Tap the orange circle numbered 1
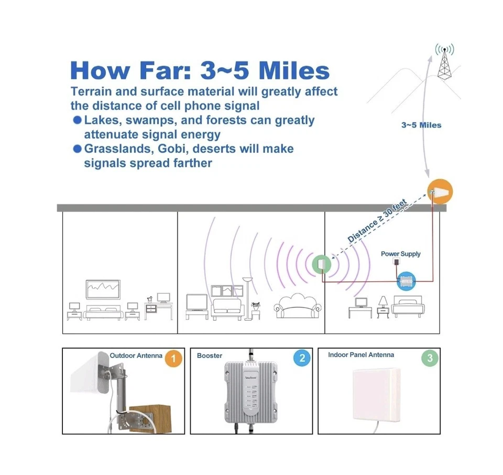click(173, 359)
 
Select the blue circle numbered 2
click(302, 359)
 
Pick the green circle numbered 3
click(430, 359)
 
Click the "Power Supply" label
click(400, 254)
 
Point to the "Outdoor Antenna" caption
click(136, 356)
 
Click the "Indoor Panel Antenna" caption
click(361, 355)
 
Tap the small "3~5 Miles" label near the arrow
click(421, 125)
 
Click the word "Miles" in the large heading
click(294, 71)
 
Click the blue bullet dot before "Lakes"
click(77, 120)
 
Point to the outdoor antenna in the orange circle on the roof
click(439, 192)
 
